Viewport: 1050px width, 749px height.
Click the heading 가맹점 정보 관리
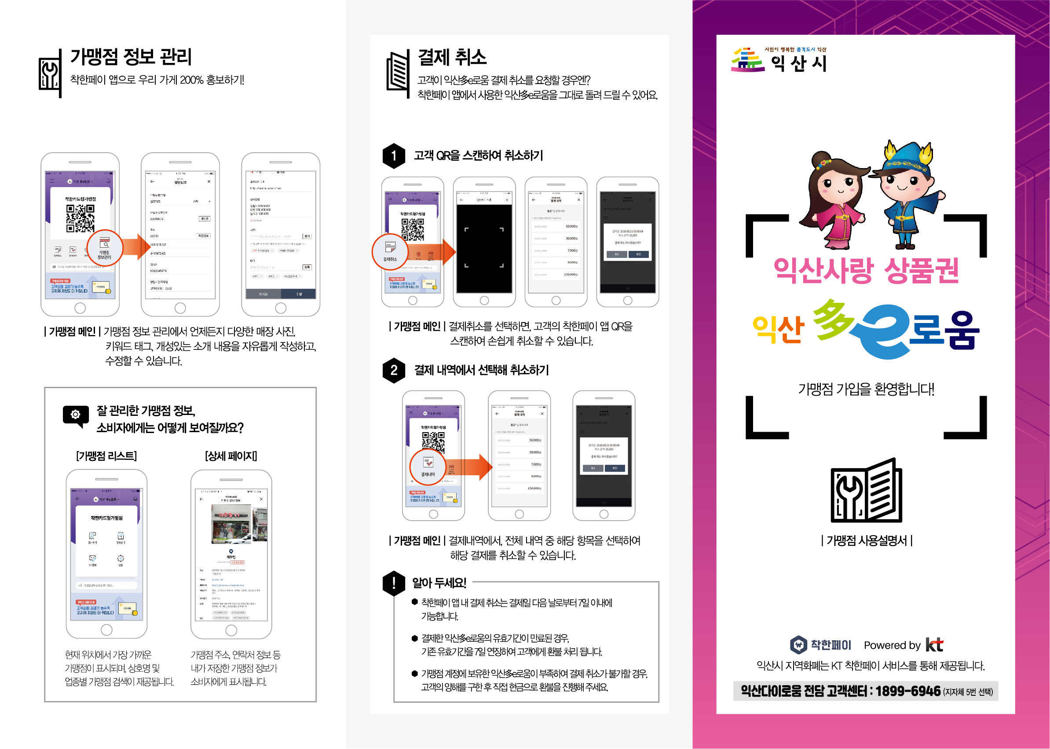coord(131,57)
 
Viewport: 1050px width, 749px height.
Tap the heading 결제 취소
coord(452,57)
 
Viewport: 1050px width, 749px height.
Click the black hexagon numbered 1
coord(394,156)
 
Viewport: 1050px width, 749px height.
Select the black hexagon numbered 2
coord(394,371)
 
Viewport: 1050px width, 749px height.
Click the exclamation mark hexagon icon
coord(394,583)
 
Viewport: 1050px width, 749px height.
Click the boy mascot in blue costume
coord(906,194)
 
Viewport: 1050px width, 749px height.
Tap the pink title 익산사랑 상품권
coord(866,270)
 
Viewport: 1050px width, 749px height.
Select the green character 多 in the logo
coord(832,319)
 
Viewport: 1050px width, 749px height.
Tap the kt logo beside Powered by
coord(934,645)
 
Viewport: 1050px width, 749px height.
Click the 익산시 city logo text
coord(799,63)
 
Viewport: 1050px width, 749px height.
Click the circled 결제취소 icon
coord(390,252)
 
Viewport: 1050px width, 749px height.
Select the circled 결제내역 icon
coord(428,467)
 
